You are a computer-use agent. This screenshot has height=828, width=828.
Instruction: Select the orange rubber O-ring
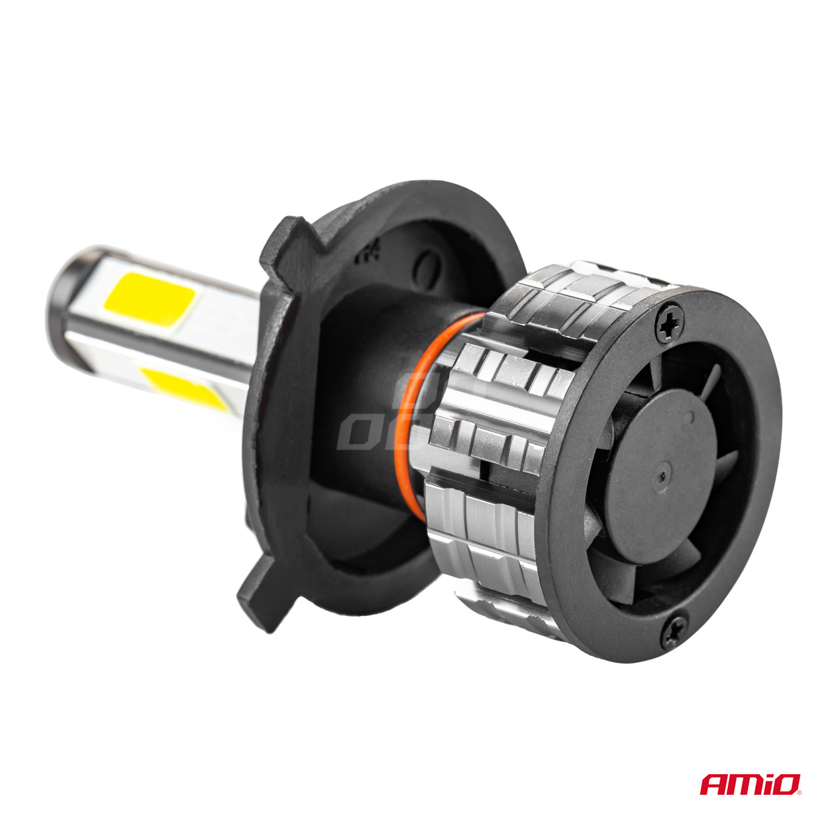point(425,371)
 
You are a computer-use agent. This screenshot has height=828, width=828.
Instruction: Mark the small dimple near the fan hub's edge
point(691,417)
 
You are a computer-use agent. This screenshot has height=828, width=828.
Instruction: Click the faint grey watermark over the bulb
point(371,424)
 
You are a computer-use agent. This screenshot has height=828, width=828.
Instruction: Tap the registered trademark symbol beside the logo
point(803,792)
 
